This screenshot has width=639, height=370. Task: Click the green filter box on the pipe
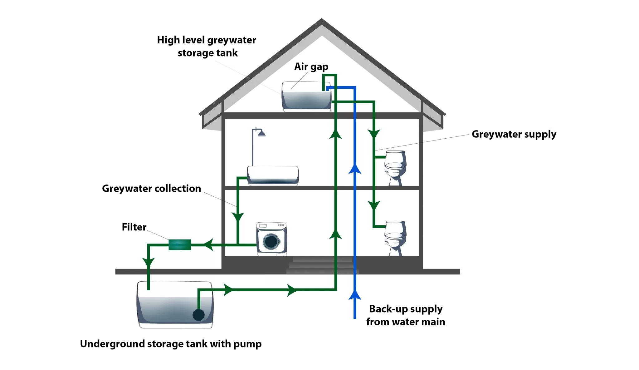tap(180, 244)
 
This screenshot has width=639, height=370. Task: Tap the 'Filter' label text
tap(134, 227)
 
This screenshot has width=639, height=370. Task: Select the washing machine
tap(271, 239)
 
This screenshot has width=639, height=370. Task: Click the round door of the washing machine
tap(271, 241)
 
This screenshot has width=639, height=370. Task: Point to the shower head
tap(261, 134)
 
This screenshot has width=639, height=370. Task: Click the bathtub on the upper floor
tap(273, 175)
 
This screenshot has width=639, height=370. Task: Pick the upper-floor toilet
tap(395, 167)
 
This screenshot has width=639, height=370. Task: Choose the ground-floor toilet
tap(395, 237)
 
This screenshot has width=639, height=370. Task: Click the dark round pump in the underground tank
tap(198, 315)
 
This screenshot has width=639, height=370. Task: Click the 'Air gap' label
tap(311, 67)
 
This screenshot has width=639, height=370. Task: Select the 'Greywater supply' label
tap(514, 134)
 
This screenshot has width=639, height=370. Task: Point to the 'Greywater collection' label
tap(151, 189)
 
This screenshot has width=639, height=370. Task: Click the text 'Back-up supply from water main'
tap(406, 315)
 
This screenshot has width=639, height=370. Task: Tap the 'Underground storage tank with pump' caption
tap(171, 344)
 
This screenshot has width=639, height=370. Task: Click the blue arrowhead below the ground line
tap(355, 295)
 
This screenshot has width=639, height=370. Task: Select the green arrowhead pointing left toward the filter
tap(208, 244)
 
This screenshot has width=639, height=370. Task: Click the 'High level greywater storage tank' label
tap(207, 46)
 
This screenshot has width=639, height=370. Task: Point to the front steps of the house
tap(322, 265)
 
